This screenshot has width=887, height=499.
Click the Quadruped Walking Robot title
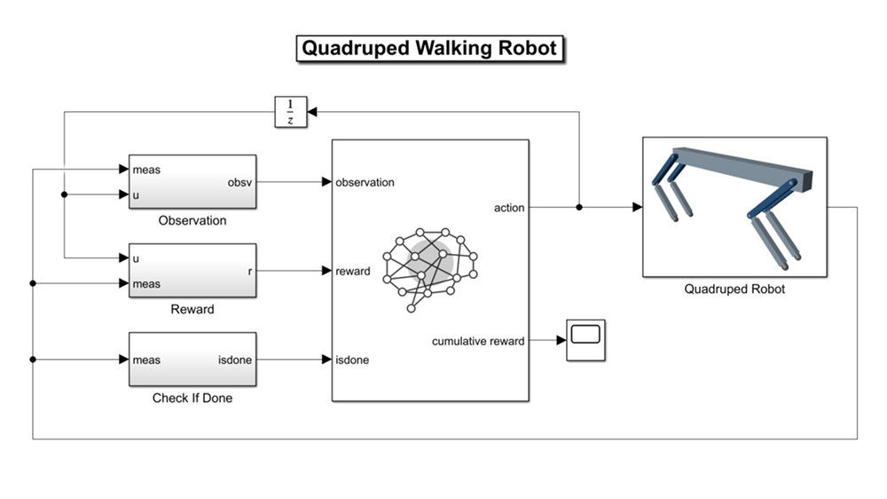[x=430, y=48]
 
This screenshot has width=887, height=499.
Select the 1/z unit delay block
[x=290, y=112]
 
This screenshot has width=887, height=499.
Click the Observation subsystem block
[x=192, y=182]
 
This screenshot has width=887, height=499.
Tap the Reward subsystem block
[x=192, y=271]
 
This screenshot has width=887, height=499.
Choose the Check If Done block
[x=192, y=360]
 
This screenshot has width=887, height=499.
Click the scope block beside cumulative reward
[x=585, y=340]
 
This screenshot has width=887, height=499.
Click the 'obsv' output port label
[x=239, y=182]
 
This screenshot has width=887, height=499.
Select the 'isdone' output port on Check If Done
[x=235, y=360]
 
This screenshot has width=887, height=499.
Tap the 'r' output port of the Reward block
[x=250, y=271]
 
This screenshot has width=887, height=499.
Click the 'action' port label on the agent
[x=509, y=208]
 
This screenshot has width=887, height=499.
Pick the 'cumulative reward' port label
[x=478, y=341]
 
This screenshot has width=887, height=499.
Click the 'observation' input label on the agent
[x=365, y=182]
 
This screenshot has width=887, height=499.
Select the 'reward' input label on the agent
[x=353, y=271]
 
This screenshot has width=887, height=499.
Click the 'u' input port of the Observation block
[x=136, y=195]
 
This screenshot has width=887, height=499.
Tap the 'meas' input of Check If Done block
[x=145, y=360]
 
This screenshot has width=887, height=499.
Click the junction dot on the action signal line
[x=579, y=208]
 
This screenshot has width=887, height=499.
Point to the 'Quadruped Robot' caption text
[x=734, y=289]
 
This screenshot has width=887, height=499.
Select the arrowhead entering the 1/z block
[x=313, y=112]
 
